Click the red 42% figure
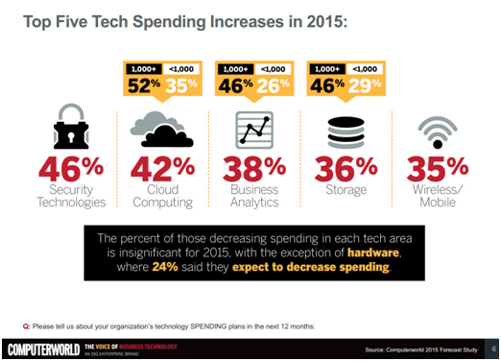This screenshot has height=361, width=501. (x=160, y=170)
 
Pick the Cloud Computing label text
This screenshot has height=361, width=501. (x=160, y=197)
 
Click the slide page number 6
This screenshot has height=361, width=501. (x=492, y=349)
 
